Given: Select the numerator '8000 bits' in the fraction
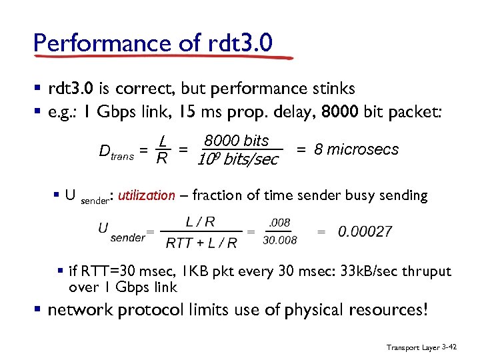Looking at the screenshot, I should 236,141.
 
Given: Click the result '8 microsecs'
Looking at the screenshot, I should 356,149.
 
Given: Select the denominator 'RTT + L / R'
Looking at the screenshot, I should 201,242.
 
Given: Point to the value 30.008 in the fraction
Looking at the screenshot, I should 280,240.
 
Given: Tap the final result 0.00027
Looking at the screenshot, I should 365,231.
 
